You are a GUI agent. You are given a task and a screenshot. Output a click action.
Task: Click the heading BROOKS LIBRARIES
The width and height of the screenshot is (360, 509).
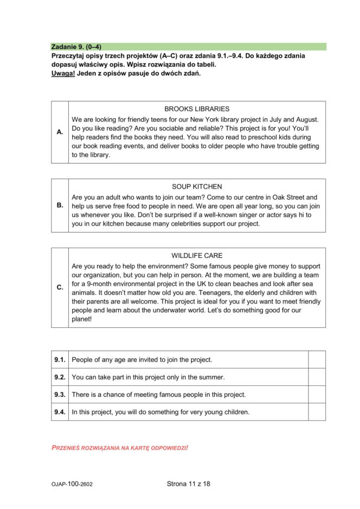pyautogui.click(x=197, y=109)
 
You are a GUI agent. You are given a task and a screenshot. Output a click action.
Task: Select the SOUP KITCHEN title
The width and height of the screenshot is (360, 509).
pyautogui.click(x=197, y=186)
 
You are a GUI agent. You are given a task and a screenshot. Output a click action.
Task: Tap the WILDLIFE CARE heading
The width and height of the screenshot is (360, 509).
pyautogui.click(x=197, y=255)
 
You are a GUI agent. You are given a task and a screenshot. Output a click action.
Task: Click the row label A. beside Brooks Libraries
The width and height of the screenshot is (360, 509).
pyautogui.click(x=60, y=132)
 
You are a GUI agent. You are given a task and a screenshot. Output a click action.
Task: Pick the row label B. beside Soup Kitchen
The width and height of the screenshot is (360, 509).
pyautogui.click(x=60, y=205)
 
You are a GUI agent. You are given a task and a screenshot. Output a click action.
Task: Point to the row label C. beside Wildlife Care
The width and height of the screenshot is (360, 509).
pyautogui.click(x=60, y=287)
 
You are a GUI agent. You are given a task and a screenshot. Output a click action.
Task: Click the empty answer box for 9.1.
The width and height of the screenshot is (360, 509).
pyautogui.click(x=317, y=359)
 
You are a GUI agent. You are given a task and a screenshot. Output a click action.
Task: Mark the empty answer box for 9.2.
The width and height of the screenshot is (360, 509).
pyautogui.click(x=317, y=377)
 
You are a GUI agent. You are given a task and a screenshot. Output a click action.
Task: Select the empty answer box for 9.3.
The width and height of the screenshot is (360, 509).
pyautogui.click(x=317, y=394)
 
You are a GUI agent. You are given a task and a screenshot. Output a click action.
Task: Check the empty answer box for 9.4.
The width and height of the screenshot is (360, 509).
pyautogui.click(x=317, y=411)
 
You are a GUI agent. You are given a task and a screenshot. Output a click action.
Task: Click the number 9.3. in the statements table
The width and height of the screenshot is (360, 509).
pyautogui.click(x=60, y=394)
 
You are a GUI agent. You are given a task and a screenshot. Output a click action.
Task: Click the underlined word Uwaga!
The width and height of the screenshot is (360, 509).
pyautogui.click(x=63, y=73)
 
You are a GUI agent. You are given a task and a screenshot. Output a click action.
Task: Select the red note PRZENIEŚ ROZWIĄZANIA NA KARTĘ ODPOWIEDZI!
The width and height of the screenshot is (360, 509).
pyautogui.click(x=120, y=448)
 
